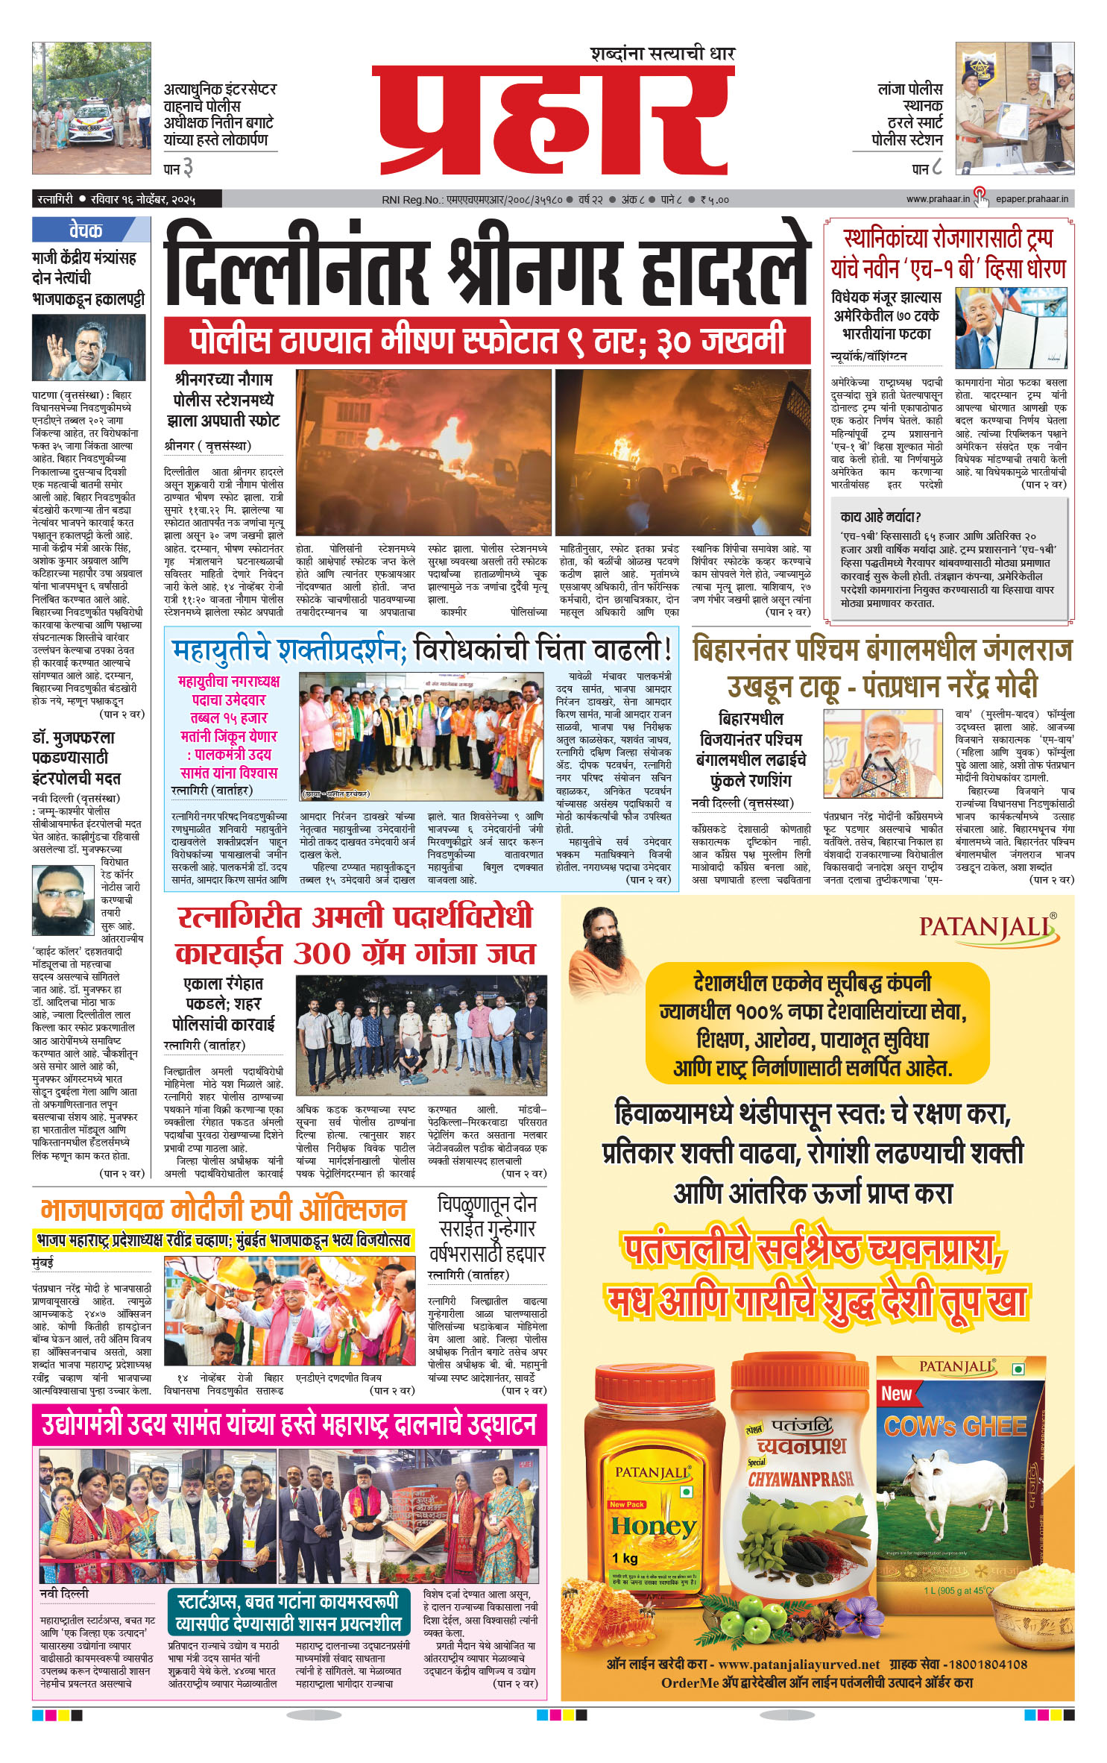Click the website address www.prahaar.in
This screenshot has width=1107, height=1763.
pyautogui.click(x=937, y=199)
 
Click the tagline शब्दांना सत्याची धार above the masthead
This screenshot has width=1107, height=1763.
pyautogui.click(x=662, y=54)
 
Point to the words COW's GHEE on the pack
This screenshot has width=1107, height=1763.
pyautogui.click(x=955, y=1427)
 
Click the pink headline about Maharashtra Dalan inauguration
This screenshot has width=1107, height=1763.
pyautogui.click(x=289, y=1424)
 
